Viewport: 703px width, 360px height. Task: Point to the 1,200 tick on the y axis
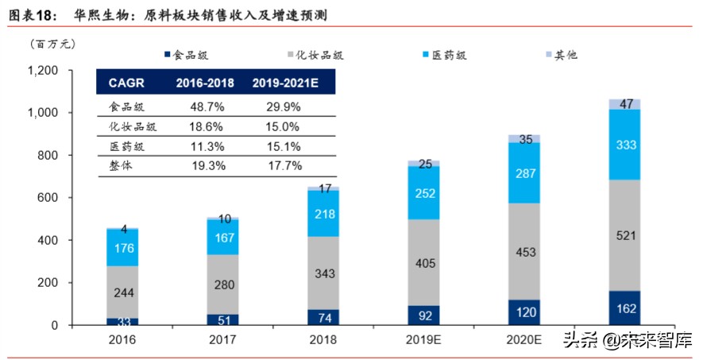(44, 71)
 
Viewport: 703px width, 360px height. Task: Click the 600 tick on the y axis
(50, 198)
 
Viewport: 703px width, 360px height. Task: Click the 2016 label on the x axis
(121, 339)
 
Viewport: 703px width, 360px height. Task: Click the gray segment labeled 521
(624, 235)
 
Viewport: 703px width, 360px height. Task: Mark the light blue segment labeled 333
(624, 145)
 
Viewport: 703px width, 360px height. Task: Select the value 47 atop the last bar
(624, 104)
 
